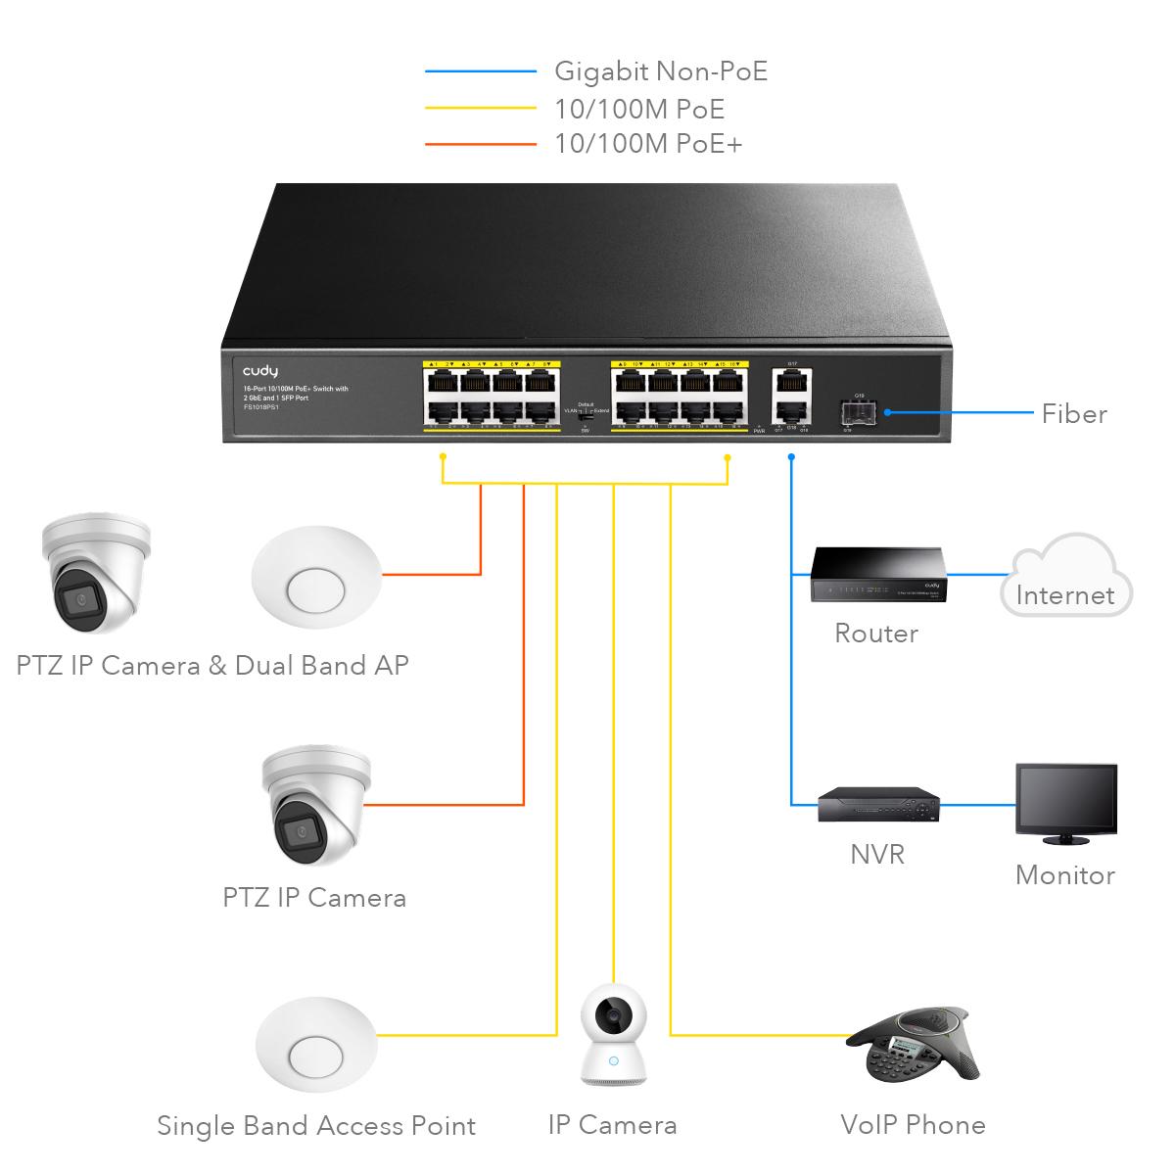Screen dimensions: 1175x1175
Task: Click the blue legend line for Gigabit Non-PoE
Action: [481, 71]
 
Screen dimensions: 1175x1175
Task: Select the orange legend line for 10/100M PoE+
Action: [481, 145]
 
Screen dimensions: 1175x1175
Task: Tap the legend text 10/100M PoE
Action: [639, 109]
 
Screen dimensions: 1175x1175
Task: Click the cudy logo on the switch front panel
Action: [260, 371]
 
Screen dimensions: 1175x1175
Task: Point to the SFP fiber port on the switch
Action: [859, 413]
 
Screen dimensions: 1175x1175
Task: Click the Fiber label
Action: [1074, 414]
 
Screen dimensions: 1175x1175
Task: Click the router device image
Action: [876, 575]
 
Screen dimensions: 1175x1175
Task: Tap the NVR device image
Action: [878, 805]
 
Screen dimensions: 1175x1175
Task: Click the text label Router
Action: [876, 634]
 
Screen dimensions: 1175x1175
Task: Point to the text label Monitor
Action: [1064, 874]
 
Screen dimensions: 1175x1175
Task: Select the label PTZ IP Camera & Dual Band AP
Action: [212, 666]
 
